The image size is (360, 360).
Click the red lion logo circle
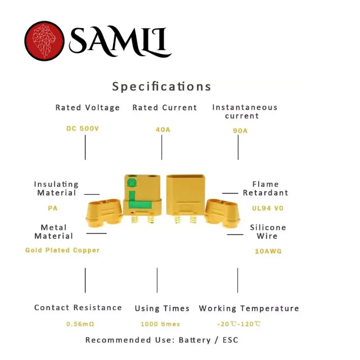(x=44, y=41)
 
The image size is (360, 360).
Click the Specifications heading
(x=161, y=87)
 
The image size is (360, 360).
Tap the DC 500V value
(x=83, y=128)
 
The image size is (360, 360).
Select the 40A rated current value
(x=163, y=130)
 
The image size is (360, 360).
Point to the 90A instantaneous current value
(x=240, y=130)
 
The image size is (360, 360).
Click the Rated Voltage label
(x=88, y=107)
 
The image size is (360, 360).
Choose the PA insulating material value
(x=52, y=208)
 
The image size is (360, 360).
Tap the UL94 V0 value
(x=268, y=208)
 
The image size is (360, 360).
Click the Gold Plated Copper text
(x=62, y=250)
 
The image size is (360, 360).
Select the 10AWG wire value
(x=268, y=251)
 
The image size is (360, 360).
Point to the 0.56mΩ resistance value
(x=80, y=324)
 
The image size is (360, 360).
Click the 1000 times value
(x=160, y=324)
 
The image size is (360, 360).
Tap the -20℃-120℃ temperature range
(x=239, y=324)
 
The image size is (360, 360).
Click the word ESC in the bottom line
(x=231, y=340)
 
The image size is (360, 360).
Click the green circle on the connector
(x=132, y=183)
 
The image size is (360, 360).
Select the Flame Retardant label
(x=265, y=188)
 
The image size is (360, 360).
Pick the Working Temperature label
(x=249, y=308)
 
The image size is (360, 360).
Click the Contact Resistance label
(x=78, y=308)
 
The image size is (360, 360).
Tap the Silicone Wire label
(x=268, y=232)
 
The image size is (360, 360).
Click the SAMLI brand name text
(x=120, y=41)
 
